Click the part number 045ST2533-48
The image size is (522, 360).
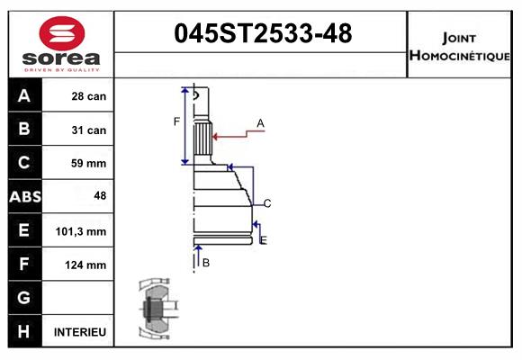262,34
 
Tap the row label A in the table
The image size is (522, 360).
24,96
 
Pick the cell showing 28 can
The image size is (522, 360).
89,96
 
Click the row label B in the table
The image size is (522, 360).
24,130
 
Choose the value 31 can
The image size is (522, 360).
89,130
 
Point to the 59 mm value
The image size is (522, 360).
89,164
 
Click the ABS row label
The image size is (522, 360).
24,197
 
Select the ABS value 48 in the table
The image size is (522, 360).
97,197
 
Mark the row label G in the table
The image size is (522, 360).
24,298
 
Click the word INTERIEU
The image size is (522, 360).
80,332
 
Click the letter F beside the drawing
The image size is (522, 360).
177,121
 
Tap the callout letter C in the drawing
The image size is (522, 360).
267,203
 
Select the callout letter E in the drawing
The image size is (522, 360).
264,240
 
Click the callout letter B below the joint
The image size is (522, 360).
206,263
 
